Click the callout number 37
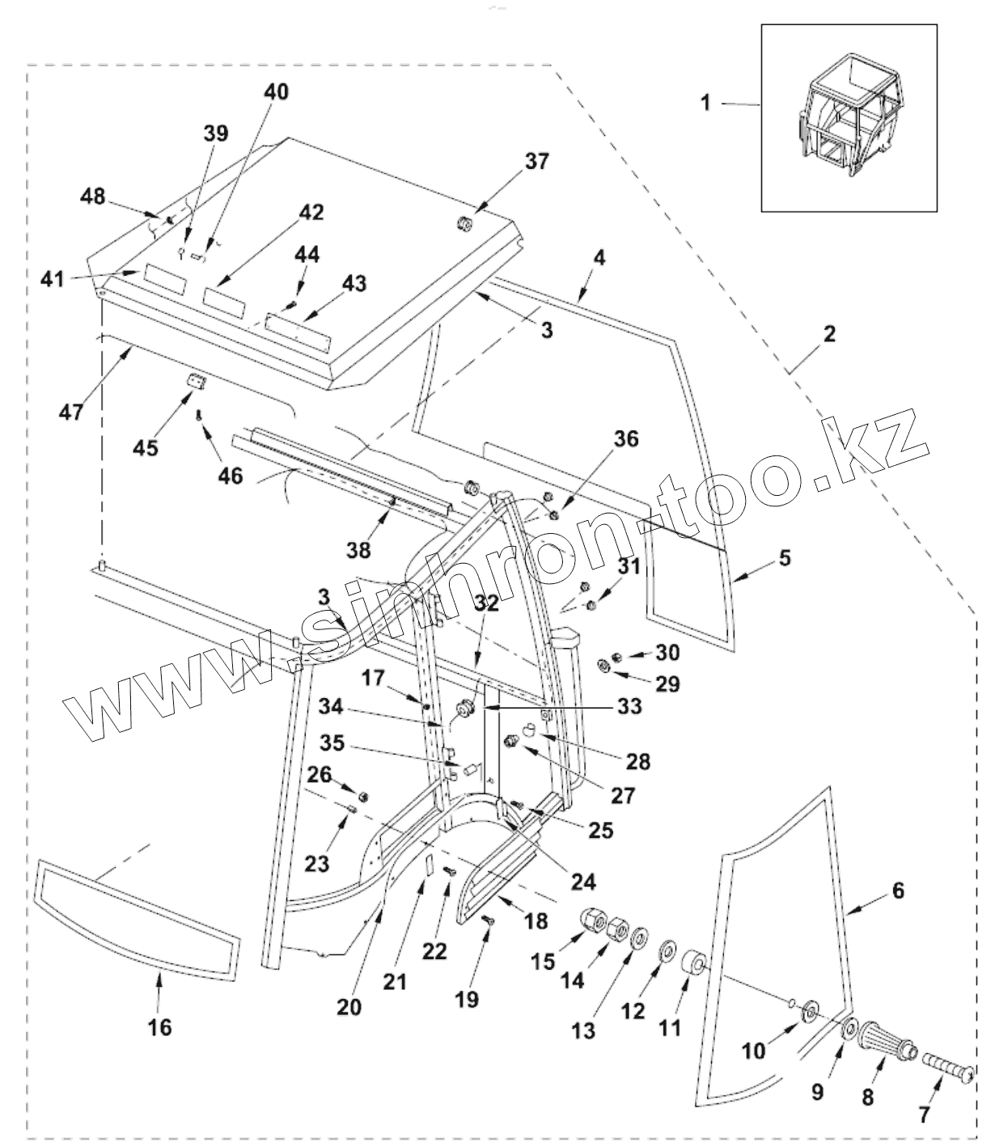[x=536, y=162]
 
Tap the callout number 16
[x=160, y=1026]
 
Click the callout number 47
[x=70, y=411]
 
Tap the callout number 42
[x=311, y=213]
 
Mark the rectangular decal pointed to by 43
[x=298, y=328]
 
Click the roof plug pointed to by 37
[x=466, y=224]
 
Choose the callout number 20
[x=350, y=1007]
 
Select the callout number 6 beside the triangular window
[x=898, y=891]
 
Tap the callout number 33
[x=629, y=706]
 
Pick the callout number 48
[x=93, y=197]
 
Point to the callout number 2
[x=830, y=333]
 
